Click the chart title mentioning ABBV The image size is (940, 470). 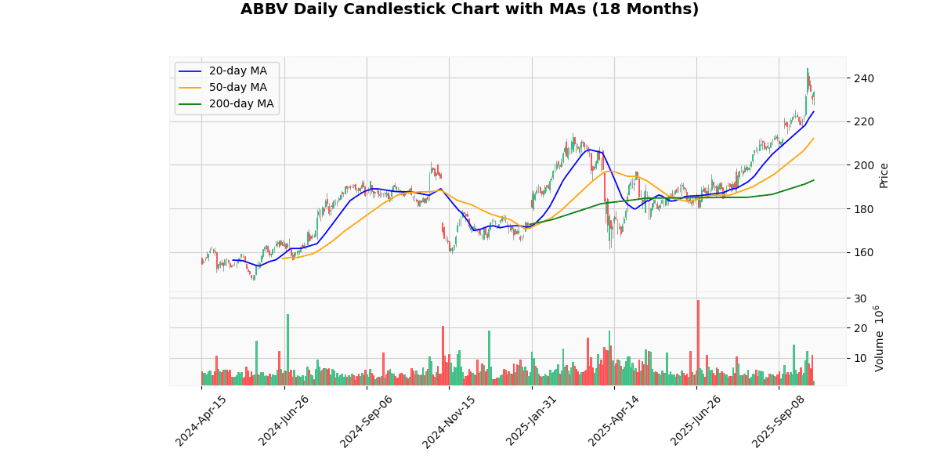pyautogui.click(x=469, y=9)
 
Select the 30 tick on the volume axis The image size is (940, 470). pyautogui.click(x=860, y=298)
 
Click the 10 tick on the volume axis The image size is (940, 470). pyautogui.click(x=860, y=359)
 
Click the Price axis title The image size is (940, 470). pyautogui.click(x=884, y=175)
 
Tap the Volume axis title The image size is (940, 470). pyautogui.click(x=880, y=338)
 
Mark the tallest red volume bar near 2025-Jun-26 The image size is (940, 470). pyautogui.click(x=698, y=342)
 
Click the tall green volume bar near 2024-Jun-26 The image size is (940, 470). pyautogui.click(x=287, y=349)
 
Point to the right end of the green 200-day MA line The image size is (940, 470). pyautogui.click(x=814, y=180)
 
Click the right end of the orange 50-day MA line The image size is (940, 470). pyautogui.click(x=814, y=139)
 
